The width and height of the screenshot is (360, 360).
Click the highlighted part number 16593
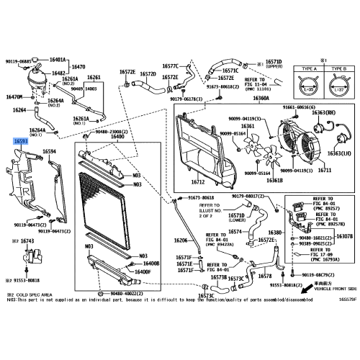click(21, 143)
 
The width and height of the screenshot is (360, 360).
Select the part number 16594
click(49, 152)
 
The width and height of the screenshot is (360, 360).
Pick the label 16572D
click(148, 73)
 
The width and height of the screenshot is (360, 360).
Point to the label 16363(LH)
click(340, 153)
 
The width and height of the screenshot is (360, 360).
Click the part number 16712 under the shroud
click(197, 174)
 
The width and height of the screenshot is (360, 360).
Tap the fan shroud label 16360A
click(261, 98)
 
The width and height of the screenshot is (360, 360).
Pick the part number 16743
click(27, 240)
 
